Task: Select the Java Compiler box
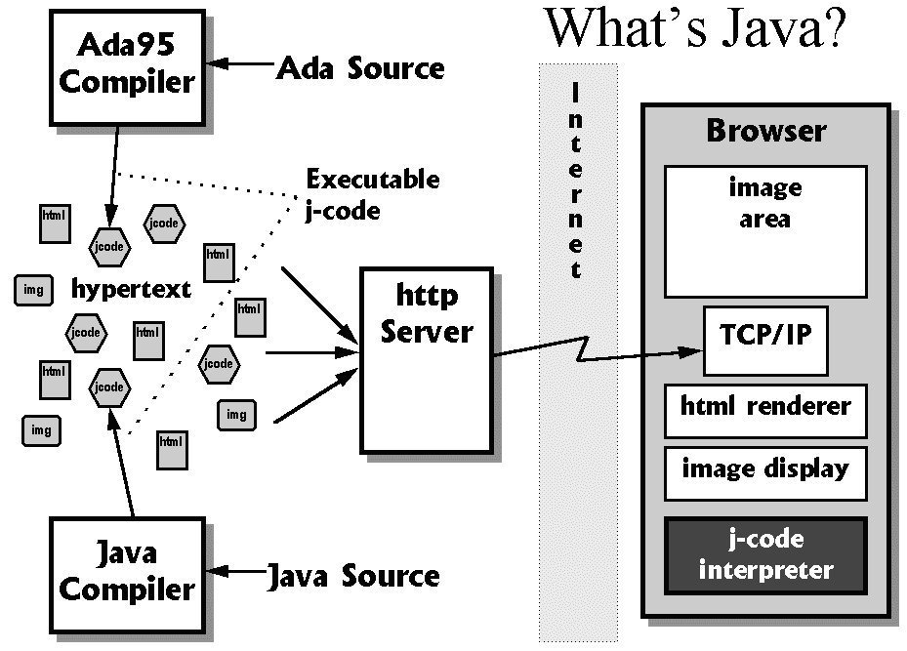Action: pyautogui.click(x=126, y=574)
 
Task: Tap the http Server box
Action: pyautogui.click(x=427, y=360)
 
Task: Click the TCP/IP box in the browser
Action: pyautogui.click(x=764, y=341)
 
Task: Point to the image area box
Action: pyautogui.click(x=764, y=230)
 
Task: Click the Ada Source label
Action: pyautogui.click(x=360, y=68)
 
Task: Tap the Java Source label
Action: pyautogui.click(x=353, y=576)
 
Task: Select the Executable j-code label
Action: pyautogui.click(x=372, y=194)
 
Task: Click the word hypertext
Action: pyautogui.click(x=131, y=290)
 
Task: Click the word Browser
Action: pyautogui.click(x=765, y=131)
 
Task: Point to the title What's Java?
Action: pyautogui.click(x=694, y=29)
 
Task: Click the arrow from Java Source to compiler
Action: pyautogui.click(x=241, y=570)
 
